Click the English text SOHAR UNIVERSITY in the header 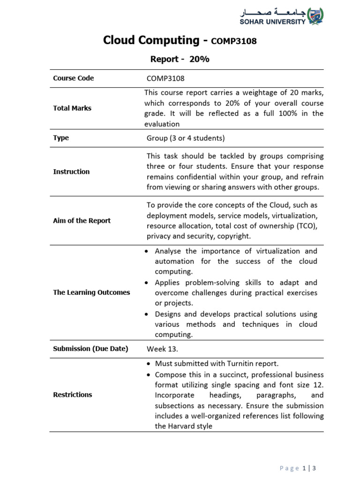(x=273, y=22)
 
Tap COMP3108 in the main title (x=234, y=41)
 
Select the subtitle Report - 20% (x=180, y=60)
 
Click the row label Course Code (x=73, y=78)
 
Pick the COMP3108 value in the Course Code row (x=162, y=79)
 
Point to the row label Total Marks (x=72, y=108)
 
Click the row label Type (x=61, y=138)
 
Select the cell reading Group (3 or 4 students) (x=186, y=138)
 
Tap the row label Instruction (x=71, y=172)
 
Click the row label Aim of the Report (x=82, y=221)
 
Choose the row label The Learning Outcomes (x=91, y=292)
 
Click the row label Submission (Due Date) (x=90, y=349)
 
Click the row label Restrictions (x=73, y=395)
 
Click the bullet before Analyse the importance (x=147, y=252)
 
